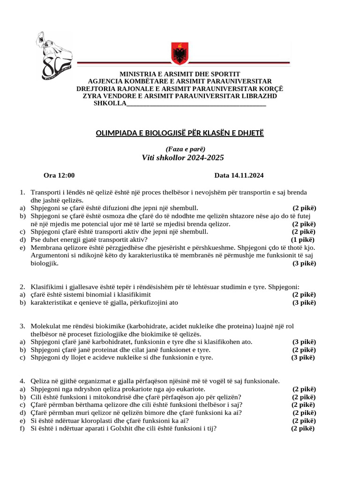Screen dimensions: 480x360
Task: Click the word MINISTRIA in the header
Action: point(139,74)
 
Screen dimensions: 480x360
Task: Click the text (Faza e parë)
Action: point(180,149)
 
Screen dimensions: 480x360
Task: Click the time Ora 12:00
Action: point(59,176)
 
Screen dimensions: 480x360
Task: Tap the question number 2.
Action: point(22,286)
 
